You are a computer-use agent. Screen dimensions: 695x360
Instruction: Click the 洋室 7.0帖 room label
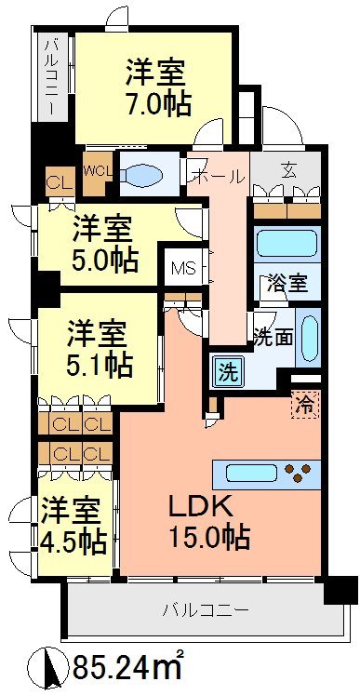click(x=155, y=87)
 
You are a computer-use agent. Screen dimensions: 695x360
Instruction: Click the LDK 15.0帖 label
click(x=207, y=521)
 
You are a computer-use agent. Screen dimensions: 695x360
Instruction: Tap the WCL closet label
click(x=95, y=171)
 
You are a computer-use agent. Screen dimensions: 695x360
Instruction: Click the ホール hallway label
click(x=218, y=177)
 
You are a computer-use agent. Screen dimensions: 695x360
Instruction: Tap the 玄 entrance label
click(x=287, y=171)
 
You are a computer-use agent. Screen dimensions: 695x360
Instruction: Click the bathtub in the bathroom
click(x=287, y=244)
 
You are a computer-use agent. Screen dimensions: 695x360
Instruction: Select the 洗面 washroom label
click(x=275, y=336)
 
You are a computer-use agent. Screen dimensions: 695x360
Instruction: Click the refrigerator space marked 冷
click(x=303, y=405)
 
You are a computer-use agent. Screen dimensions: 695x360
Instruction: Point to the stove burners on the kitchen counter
click(x=298, y=473)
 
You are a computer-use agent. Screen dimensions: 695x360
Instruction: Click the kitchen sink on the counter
click(x=252, y=473)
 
